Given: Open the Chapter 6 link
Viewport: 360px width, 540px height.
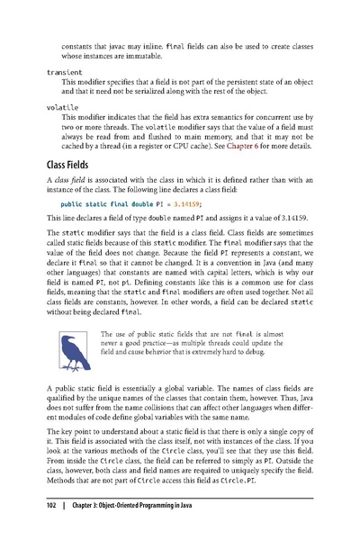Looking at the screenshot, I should point(239,147).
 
